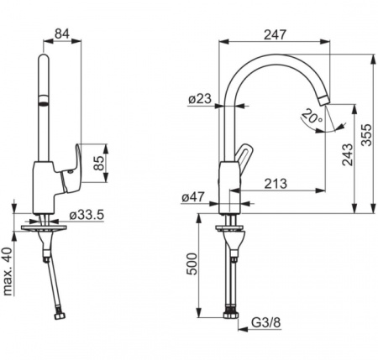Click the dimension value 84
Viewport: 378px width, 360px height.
click(62, 34)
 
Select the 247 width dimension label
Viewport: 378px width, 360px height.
click(276, 34)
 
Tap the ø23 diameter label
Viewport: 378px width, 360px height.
click(200, 99)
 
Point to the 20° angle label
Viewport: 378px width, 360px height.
click(312, 117)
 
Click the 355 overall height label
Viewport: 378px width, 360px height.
click(366, 135)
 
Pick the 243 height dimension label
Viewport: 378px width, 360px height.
click(348, 154)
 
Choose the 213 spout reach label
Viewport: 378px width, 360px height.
click(276, 184)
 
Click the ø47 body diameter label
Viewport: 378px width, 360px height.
click(193, 197)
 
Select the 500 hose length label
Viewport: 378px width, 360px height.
click(192, 264)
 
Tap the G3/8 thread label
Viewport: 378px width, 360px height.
click(265, 322)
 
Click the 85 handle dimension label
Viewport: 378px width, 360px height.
click(99, 163)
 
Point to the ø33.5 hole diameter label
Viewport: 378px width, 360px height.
click(87, 215)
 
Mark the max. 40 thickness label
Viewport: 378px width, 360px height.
click(8, 271)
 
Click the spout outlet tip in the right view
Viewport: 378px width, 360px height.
click(324, 100)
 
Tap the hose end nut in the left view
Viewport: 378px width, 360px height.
click(60, 316)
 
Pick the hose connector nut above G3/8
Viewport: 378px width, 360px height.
click(231, 314)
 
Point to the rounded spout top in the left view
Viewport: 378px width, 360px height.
click(44, 60)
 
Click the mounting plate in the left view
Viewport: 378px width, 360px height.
click(44, 227)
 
